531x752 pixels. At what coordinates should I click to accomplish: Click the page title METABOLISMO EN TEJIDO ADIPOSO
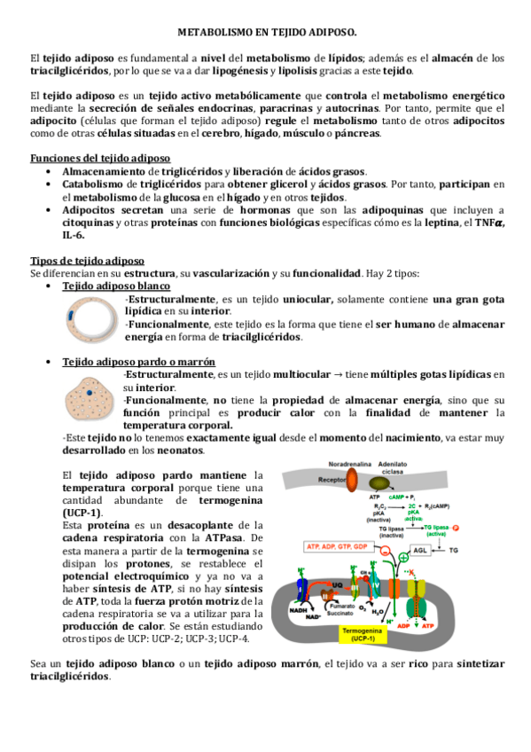pyautogui.click(x=267, y=32)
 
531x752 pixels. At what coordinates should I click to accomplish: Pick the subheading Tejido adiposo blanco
pyautogui.click(x=115, y=286)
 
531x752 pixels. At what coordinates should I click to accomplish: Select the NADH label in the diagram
pyautogui.click(x=298, y=609)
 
